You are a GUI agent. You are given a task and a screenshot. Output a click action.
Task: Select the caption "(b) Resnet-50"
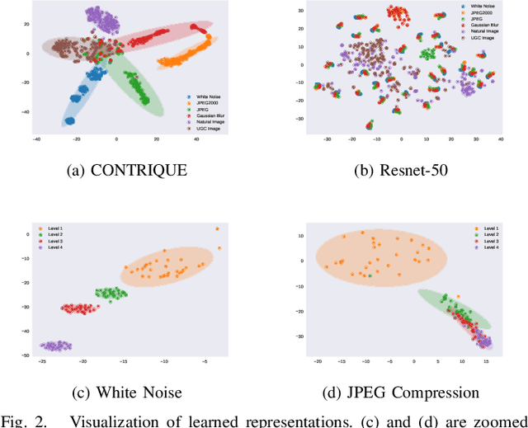[x=397, y=172]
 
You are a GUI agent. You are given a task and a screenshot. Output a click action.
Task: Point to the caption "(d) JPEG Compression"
[x=397, y=392]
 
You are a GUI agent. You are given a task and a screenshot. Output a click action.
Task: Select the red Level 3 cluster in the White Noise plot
[x=80, y=308]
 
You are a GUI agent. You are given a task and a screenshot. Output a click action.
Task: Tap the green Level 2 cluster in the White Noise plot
[x=111, y=293]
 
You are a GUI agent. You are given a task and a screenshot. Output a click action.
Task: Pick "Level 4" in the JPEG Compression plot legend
[x=492, y=247]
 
